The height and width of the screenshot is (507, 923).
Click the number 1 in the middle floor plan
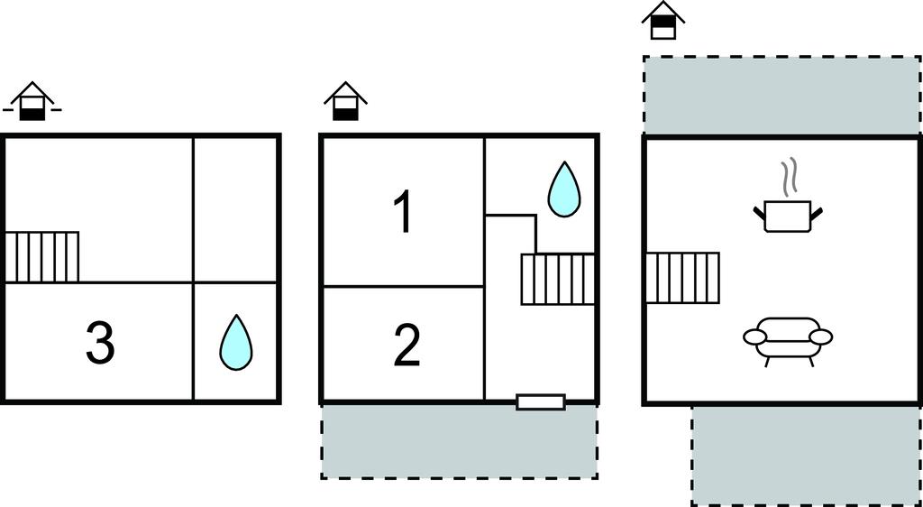point(403,212)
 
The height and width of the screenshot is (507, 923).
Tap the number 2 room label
point(407,346)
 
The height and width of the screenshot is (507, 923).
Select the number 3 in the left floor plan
point(99,344)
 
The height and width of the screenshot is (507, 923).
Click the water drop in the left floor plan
point(237,340)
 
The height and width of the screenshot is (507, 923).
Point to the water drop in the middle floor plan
point(564,189)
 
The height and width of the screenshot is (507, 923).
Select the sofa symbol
point(788,339)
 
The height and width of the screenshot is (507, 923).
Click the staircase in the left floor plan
point(42,257)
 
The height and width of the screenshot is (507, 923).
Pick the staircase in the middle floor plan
point(558,279)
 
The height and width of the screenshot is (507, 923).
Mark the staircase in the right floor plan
point(682,278)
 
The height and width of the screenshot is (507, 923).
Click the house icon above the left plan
point(33,102)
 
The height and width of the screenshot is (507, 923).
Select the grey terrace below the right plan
point(805,455)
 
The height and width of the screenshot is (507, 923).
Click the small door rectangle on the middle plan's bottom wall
point(541,401)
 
